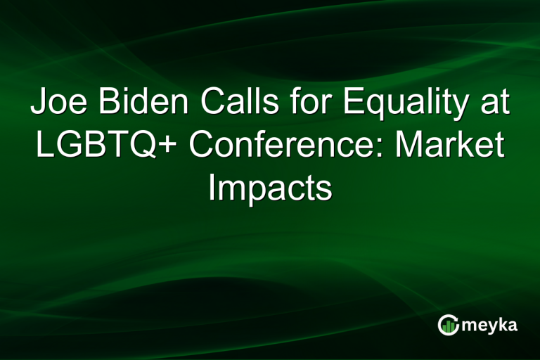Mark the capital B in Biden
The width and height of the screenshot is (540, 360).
tap(107, 103)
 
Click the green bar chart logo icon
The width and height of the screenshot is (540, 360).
tap(449, 324)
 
